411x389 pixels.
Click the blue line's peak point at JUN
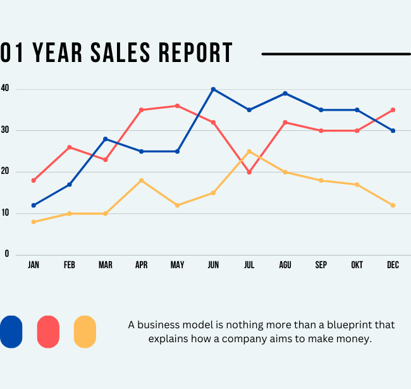(213, 89)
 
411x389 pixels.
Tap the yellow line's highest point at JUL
(249, 151)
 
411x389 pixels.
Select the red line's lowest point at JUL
(249, 172)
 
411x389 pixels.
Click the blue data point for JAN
(34, 206)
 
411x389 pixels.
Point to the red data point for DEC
(393, 110)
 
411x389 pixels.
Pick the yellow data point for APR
(141, 180)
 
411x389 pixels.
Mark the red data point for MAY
(177, 106)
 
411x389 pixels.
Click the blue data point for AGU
(285, 94)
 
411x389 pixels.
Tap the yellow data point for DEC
(393, 206)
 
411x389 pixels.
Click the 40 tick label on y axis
(5, 89)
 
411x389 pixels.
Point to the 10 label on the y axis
(5, 213)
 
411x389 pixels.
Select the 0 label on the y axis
(7, 254)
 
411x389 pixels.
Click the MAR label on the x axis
(105, 266)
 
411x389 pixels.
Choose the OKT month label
(357, 266)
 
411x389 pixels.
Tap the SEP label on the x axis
(321, 266)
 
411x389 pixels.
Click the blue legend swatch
(11, 332)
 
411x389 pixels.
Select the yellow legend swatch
(85, 332)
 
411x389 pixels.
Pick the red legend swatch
(48, 332)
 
